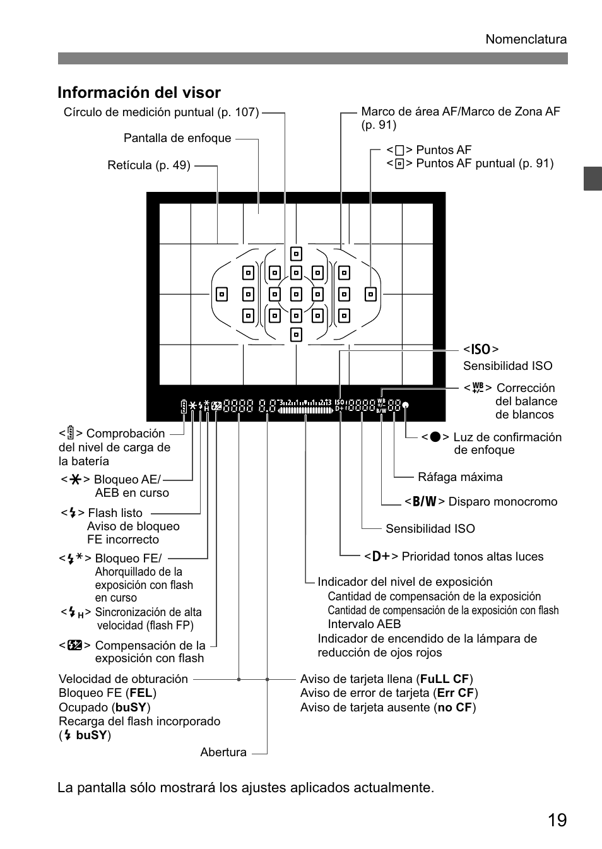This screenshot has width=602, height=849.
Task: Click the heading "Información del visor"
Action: [139, 93]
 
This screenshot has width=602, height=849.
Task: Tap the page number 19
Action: [557, 820]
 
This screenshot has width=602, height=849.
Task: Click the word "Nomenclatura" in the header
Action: [526, 39]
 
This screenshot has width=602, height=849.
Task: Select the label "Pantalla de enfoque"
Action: [177, 138]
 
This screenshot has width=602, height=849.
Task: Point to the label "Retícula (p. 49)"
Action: [149, 165]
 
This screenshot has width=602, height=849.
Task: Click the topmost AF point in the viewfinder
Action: [296, 254]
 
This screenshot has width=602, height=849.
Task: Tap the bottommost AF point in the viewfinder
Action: [296, 335]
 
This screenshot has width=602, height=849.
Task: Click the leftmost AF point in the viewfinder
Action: [221, 294]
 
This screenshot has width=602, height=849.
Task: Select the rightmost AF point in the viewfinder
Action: [370, 294]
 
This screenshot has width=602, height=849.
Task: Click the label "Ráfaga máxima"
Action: [460, 477]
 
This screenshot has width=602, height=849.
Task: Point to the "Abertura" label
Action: [223, 752]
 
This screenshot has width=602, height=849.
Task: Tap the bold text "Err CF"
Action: [454, 693]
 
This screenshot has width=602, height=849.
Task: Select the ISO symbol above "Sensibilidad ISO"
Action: [481, 350]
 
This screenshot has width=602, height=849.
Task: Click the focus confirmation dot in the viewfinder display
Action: [406, 405]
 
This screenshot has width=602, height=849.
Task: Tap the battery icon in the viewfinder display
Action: [184, 405]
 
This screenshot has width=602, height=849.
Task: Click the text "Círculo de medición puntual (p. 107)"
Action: [161, 112]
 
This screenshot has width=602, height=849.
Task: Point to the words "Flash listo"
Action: [115, 513]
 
